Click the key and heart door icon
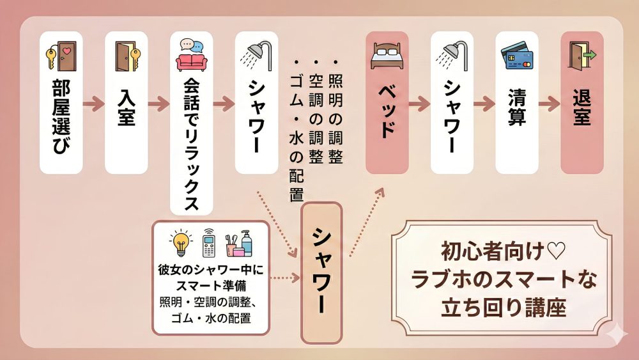click(x=61, y=56)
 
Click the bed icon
click(x=387, y=56)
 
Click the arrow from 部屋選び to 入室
click(x=93, y=102)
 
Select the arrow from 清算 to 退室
click(x=550, y=102)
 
